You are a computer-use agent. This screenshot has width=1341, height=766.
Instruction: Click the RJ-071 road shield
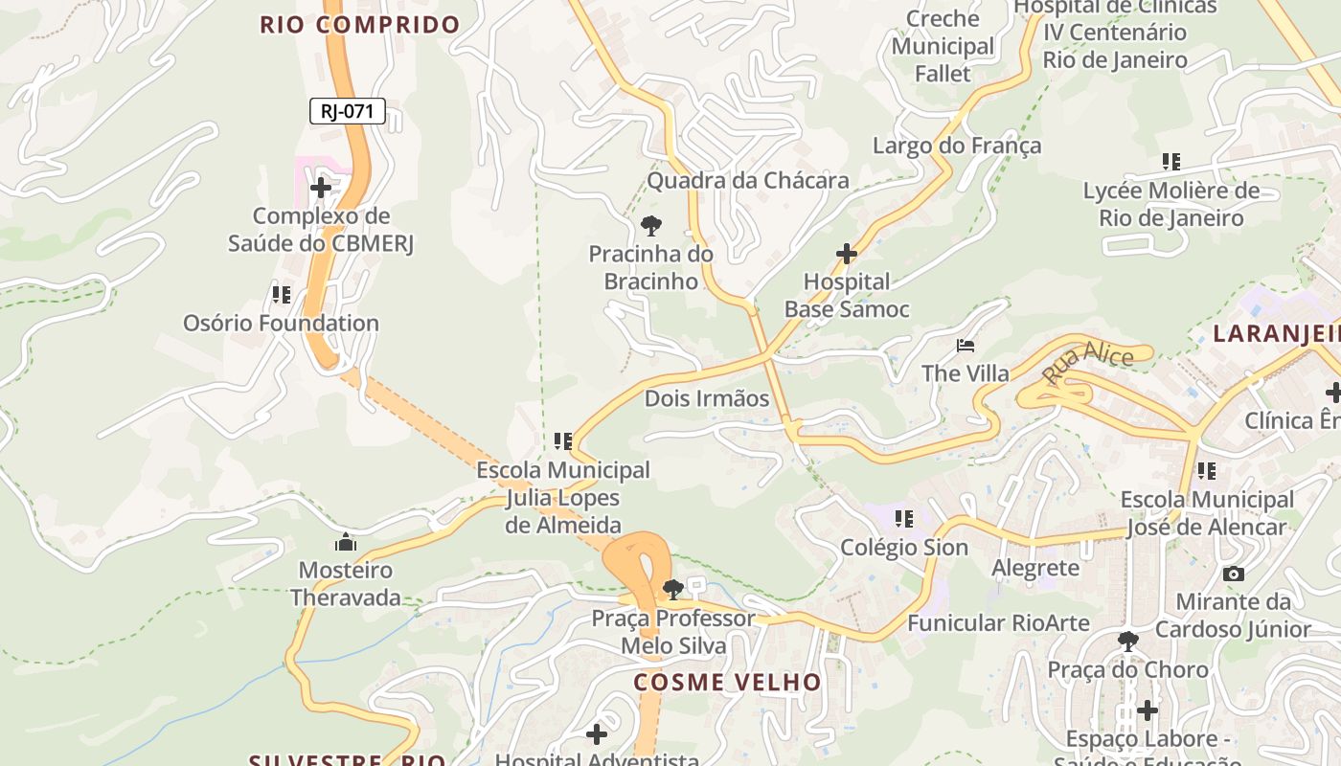click(347, 111)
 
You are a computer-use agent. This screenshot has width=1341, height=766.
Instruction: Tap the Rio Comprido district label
click(360, 25)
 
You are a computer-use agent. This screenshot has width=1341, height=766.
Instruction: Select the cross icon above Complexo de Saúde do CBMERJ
click(321, 188)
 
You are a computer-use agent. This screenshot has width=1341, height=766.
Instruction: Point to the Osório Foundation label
click(282, 323)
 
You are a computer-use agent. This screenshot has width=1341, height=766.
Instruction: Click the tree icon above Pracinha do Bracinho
click(651, 226)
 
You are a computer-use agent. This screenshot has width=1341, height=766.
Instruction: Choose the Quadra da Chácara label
click(748, 180)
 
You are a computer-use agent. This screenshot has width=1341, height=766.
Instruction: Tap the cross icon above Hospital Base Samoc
click(847, 254)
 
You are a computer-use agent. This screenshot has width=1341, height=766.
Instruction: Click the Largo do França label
click(956, 146)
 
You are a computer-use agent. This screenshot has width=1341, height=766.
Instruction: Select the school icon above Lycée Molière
click(1171, 162)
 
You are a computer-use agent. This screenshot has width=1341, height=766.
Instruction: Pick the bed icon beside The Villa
click(966, 345)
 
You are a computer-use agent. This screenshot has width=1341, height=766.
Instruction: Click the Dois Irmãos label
click(707, 398)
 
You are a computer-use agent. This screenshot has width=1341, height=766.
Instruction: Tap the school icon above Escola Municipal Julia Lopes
click(563, 441)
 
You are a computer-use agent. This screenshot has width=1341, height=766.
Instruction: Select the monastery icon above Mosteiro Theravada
click(345, 543)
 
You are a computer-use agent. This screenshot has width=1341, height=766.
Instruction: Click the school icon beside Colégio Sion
click(903, 519)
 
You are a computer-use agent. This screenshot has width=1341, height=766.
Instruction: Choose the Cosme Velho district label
click(727, 682)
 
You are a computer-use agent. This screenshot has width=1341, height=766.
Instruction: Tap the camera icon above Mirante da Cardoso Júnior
click(1234, 574)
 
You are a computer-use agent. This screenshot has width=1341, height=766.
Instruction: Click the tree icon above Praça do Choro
click(1128, 641)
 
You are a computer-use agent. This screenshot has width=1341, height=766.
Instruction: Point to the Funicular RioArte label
click(998, 623)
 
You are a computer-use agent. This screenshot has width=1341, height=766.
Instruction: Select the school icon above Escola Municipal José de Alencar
click(1207, 471)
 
